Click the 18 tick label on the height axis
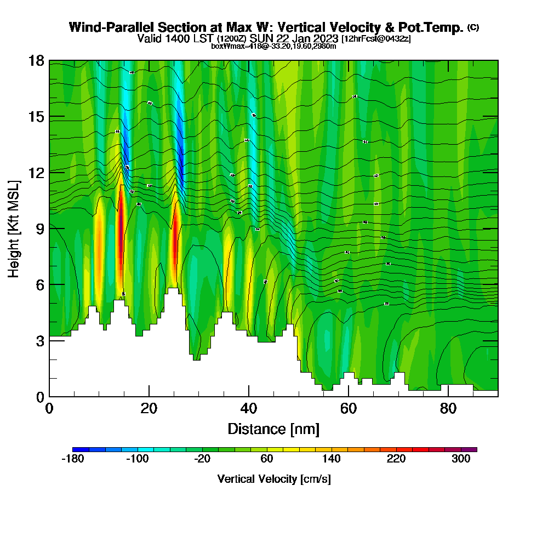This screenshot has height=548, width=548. coord(37,60)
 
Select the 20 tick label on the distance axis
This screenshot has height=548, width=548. coord(149,408)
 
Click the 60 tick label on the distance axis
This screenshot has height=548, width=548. coord(349,408)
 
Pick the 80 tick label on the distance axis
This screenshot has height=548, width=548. coord(448,408)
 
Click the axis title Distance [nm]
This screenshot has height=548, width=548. coord(273,428)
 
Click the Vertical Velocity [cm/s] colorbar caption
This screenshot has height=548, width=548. coord(273,479)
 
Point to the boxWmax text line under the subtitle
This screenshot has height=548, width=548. coord(273,46)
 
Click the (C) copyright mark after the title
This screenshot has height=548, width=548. coord(473,27)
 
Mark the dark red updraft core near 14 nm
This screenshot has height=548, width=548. coord(120,230)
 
